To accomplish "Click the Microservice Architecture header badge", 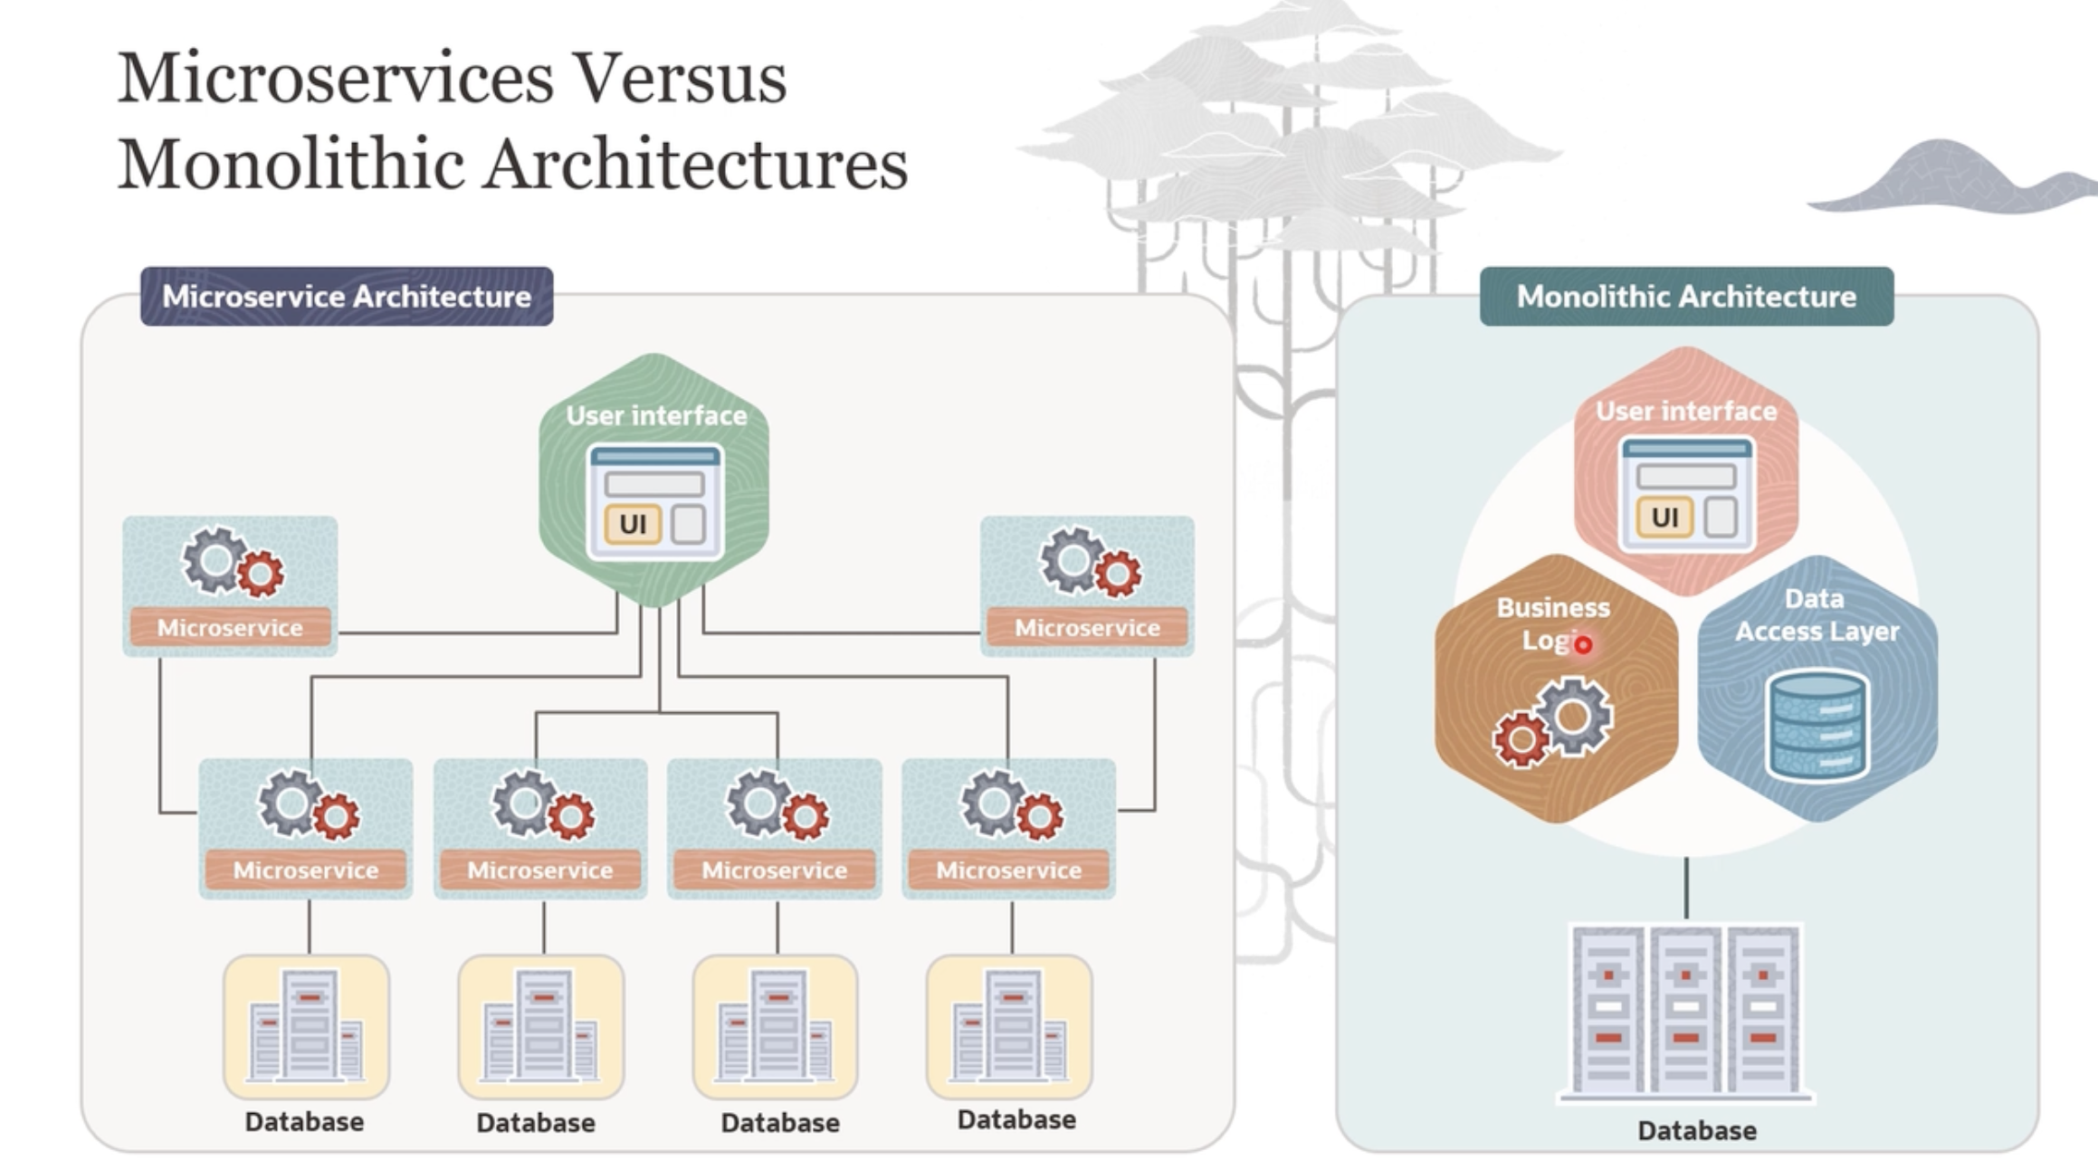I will pos(347,297).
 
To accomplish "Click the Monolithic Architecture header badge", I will pos(1686,297).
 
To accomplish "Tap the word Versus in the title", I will pos(681,78).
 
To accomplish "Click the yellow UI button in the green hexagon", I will pos(633,523).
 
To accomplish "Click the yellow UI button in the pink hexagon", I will pos(1664,518).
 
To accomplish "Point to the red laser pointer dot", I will pos(1583,645).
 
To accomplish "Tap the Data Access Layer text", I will pos(1816,615).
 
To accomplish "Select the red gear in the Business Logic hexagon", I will pos(1521,739).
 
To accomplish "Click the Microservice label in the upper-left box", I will pos(230,628).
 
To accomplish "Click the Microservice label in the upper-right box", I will pos(1087,628).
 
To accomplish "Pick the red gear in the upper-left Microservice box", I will pos(261,574).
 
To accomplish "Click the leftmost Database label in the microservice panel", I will pos(304,1122).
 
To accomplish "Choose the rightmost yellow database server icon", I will pos(1009,1027).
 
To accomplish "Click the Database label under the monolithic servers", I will pos(1697,1131).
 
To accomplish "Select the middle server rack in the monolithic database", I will pos(1685,1009).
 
